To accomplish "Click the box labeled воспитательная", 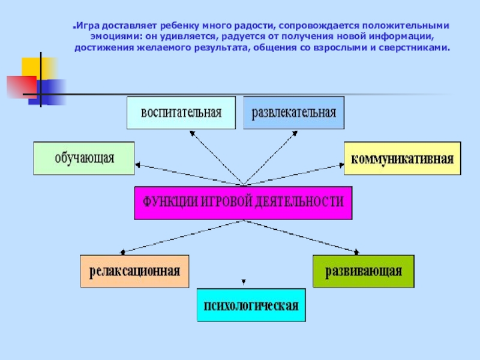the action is (181, 113).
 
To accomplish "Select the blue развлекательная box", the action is (294, 113).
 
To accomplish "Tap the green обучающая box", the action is (84, 158).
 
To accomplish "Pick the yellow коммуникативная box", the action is (402, 158).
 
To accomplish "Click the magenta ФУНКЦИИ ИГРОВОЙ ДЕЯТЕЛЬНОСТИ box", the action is (242, 203).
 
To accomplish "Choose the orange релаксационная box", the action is (135, 271).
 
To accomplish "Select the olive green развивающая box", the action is (364, 271).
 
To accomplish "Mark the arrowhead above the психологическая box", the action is (242, 281).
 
